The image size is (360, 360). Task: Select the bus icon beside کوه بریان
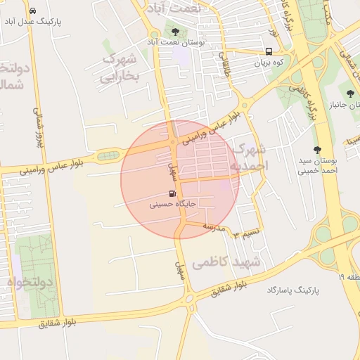coord(269,51)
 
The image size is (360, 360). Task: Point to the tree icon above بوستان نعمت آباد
coord(174,32)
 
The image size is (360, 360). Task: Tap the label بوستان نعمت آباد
coord(182,43)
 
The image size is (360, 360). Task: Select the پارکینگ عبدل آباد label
coord(33,22)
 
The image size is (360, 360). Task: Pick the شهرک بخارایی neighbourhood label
coord(120,67)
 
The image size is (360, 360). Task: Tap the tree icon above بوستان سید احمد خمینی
coord(317,150)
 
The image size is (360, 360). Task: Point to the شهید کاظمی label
coord(226,262)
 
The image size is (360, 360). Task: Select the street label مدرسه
coord(214,227)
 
